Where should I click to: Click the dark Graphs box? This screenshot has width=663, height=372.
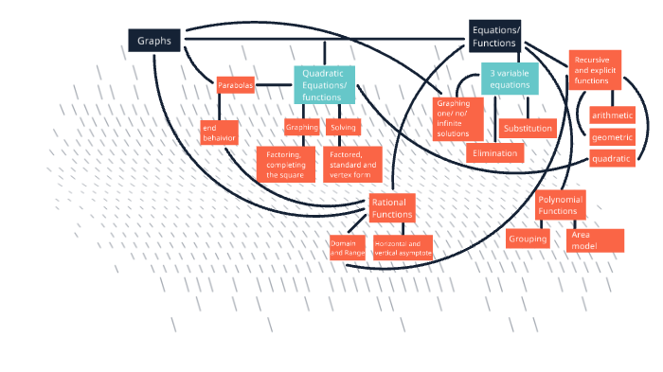point(154,41)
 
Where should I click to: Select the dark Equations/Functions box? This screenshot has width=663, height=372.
point(495,36)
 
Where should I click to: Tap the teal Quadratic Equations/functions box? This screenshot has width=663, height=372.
point(324,84)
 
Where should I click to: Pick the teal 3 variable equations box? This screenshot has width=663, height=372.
point(510,79)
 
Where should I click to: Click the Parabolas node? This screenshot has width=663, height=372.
point(236,85)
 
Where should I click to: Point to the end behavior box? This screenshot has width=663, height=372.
point(218,133)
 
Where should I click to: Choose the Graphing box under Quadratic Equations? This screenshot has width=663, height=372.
point(302,127)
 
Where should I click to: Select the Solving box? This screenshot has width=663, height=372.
point(343,127)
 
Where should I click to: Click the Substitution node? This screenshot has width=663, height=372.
point(528,128)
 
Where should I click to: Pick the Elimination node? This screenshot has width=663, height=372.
point(494,152)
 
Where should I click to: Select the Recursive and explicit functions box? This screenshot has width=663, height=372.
point(595,70)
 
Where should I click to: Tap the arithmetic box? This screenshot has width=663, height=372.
point(612,115)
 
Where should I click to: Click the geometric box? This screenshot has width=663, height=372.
point(612,137)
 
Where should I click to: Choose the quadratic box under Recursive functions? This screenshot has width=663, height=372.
point(611,159)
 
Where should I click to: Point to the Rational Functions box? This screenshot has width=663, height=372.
point(392,208)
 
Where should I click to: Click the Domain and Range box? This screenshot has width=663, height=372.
point(347,247)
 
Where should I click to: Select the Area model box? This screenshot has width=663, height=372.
point(595,240)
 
